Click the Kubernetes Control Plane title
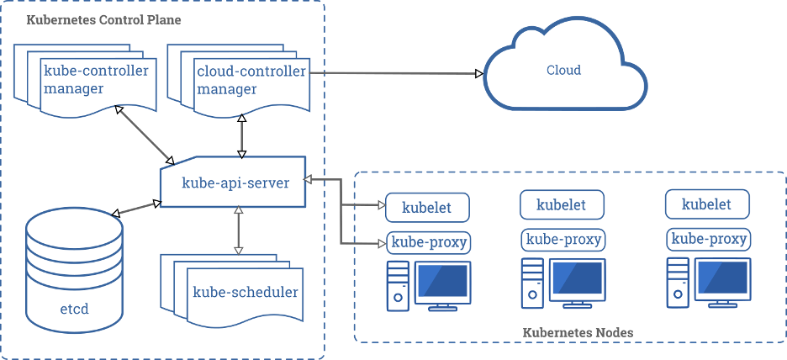103,19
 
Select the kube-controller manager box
94,80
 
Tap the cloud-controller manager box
250,80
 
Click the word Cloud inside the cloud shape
563,70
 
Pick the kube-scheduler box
244,293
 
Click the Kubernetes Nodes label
578,333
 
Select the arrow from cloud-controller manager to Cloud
395,74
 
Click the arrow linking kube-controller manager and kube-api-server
145,135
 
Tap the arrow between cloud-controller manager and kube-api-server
242,135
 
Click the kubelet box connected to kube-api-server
425,207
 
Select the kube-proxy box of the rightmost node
707,239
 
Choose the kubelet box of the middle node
563,204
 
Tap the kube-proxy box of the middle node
563,239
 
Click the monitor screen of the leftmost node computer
441,281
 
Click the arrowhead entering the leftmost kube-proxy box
380,244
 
